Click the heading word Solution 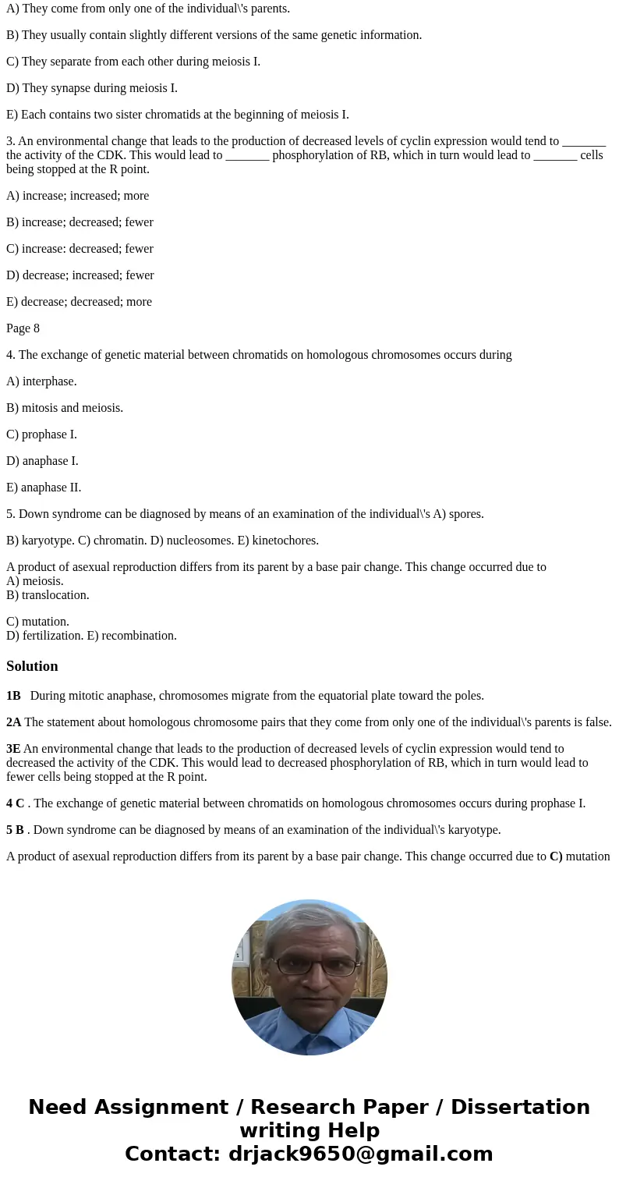point(32,666)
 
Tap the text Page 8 point(23,328)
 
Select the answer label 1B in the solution point(13,696)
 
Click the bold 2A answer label point(13,722)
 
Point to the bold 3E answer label point(13,749)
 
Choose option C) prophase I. point(41,434)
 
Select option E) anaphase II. point(44,488)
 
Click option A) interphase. point(41,381)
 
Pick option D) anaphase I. point(42,461)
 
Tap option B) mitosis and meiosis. point(65,408)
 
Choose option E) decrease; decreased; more point(79,302)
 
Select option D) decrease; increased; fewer point(80,275)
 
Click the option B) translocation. point(48,595)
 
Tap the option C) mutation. point(37,622)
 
